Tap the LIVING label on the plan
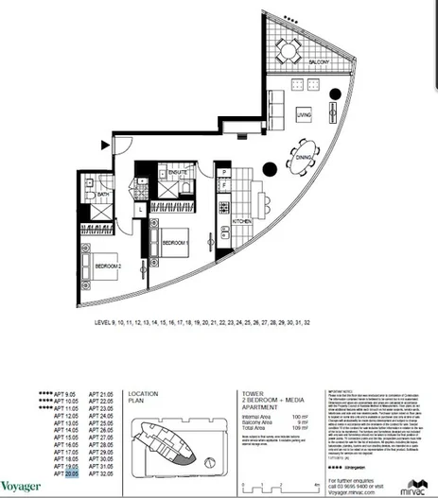coord(304,116)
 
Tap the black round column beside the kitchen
coord(269,170)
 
